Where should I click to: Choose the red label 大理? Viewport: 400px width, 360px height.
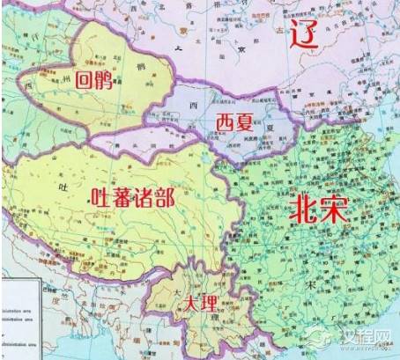(x=197, y=304)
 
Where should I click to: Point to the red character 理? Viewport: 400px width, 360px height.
(x=207, y=304)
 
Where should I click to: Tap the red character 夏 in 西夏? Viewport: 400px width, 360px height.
(x=246, y=120)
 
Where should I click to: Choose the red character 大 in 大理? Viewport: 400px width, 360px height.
(x=188, y=304)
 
